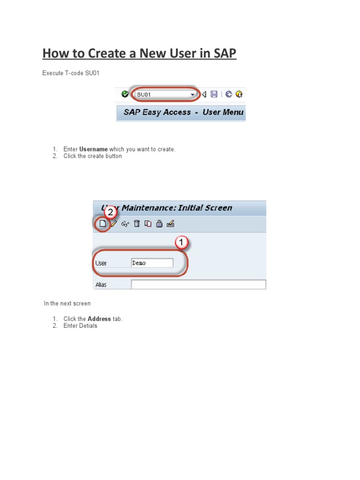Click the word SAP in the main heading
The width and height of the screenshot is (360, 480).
pos(223,53)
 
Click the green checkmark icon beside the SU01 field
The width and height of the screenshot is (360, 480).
pos(125,94)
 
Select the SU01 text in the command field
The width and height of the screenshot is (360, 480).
pos(144,95)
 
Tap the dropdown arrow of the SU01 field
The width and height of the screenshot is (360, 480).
pos(192,95)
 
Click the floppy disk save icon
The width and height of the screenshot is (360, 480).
pos(214,94)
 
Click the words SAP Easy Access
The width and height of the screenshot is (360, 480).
pos(157,112)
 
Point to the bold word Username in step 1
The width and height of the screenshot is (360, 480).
pos(94,149)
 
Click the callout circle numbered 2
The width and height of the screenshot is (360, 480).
pos(111,213)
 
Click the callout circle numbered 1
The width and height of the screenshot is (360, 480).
pos(182,243)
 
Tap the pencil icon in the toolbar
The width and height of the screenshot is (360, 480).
pos(113,224)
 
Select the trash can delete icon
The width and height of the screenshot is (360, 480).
pos(136,224)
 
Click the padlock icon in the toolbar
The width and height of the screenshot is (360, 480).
pos(159,224)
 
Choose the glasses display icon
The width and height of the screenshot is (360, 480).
pos(125,224)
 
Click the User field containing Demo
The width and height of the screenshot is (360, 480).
pos(152,263)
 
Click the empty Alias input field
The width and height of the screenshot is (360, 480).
pos(198,285)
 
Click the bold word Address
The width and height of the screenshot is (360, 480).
pos(99,319)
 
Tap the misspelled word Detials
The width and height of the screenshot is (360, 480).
pos(88,326)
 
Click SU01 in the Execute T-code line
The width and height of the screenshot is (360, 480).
pos(92,73)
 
